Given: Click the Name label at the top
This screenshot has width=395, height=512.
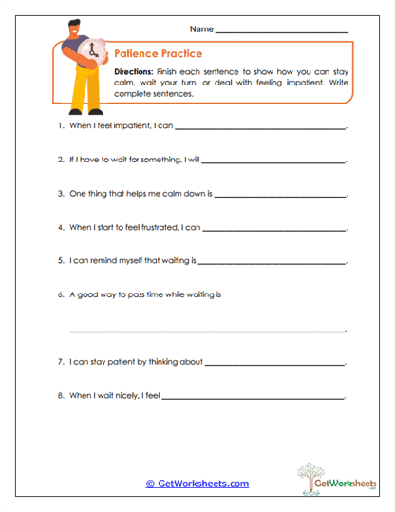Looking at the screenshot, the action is point(201,30).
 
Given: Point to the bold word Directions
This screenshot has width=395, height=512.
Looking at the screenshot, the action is point(135,72).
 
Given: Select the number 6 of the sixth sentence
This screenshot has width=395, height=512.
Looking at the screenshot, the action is point(60,294).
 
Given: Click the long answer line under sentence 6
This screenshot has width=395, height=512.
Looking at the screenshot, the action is point(207,331).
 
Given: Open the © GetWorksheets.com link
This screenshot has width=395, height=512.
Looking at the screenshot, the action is point(197,484).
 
